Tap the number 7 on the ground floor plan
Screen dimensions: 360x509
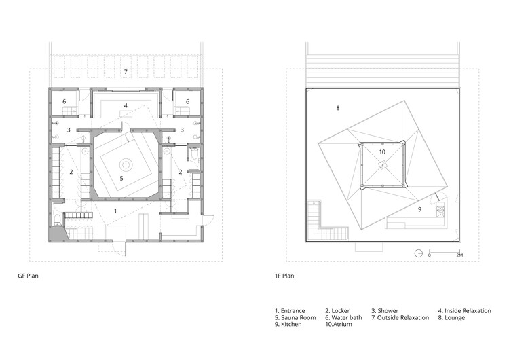(x=126, y=71)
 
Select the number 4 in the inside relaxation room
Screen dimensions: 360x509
(x=126, y=105)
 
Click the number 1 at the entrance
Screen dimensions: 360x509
(x=115, y=212)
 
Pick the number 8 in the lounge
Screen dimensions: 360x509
(x=337, y=108)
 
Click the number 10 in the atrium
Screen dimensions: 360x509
(x=382, y=152)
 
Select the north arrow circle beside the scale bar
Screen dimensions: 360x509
(x=419, y=253)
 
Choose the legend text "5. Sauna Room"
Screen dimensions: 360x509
(x=297, y=317)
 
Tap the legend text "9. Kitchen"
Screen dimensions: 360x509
(x=290, y=325)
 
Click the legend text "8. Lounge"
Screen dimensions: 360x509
(x=451, y=317)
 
